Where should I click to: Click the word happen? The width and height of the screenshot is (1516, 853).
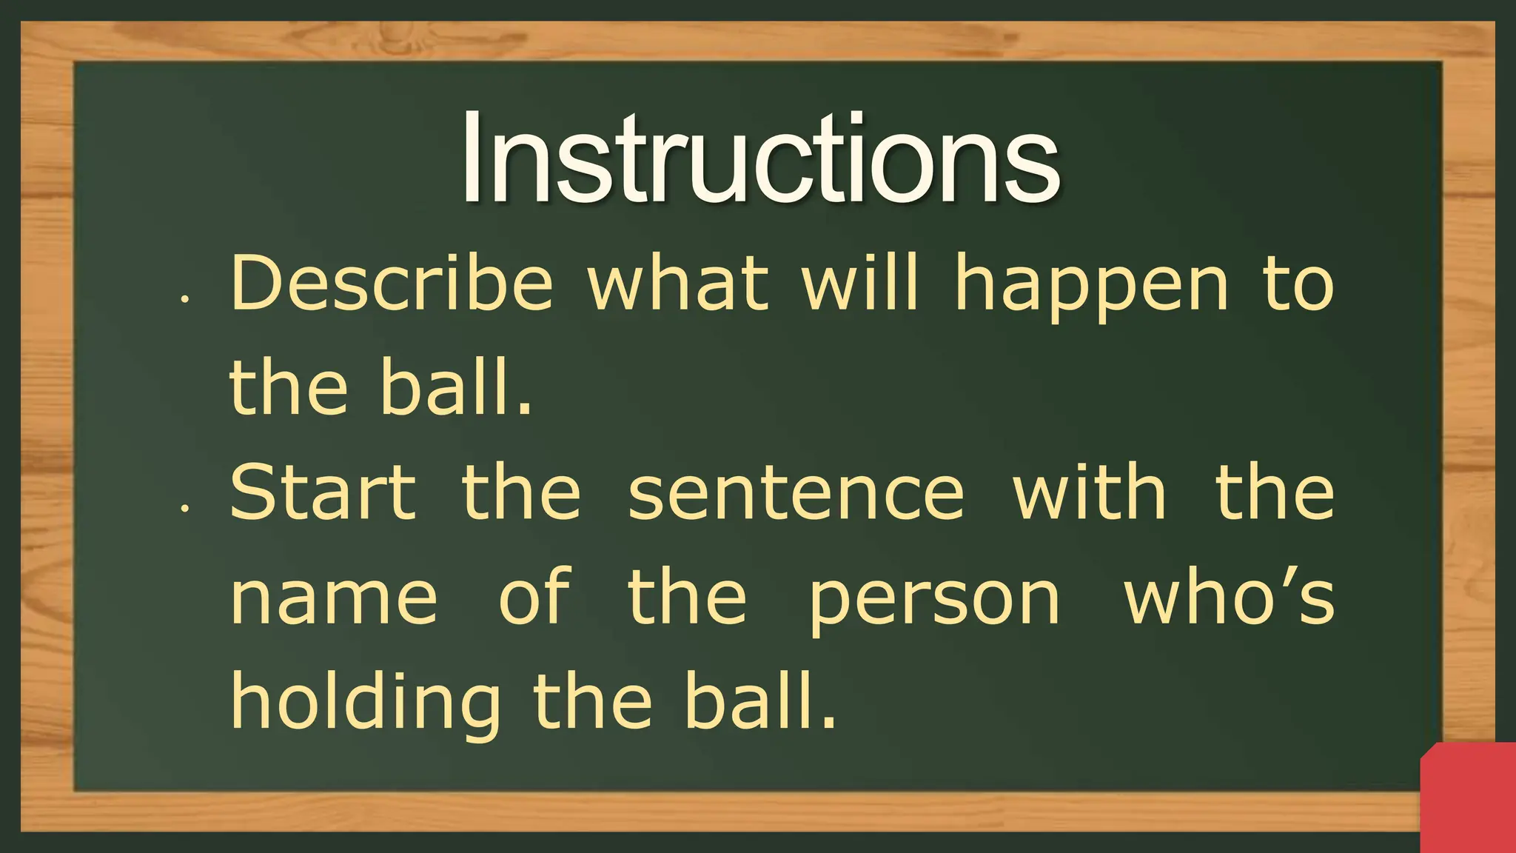pos(1093,289)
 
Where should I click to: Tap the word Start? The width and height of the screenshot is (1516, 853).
pos(323,492)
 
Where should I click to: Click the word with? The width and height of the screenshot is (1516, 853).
pos(1089,492)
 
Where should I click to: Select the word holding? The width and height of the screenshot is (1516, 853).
pos(366,703)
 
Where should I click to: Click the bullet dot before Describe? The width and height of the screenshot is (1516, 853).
pos(185,300)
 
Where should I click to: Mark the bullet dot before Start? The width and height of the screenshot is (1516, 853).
pos(185,509)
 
